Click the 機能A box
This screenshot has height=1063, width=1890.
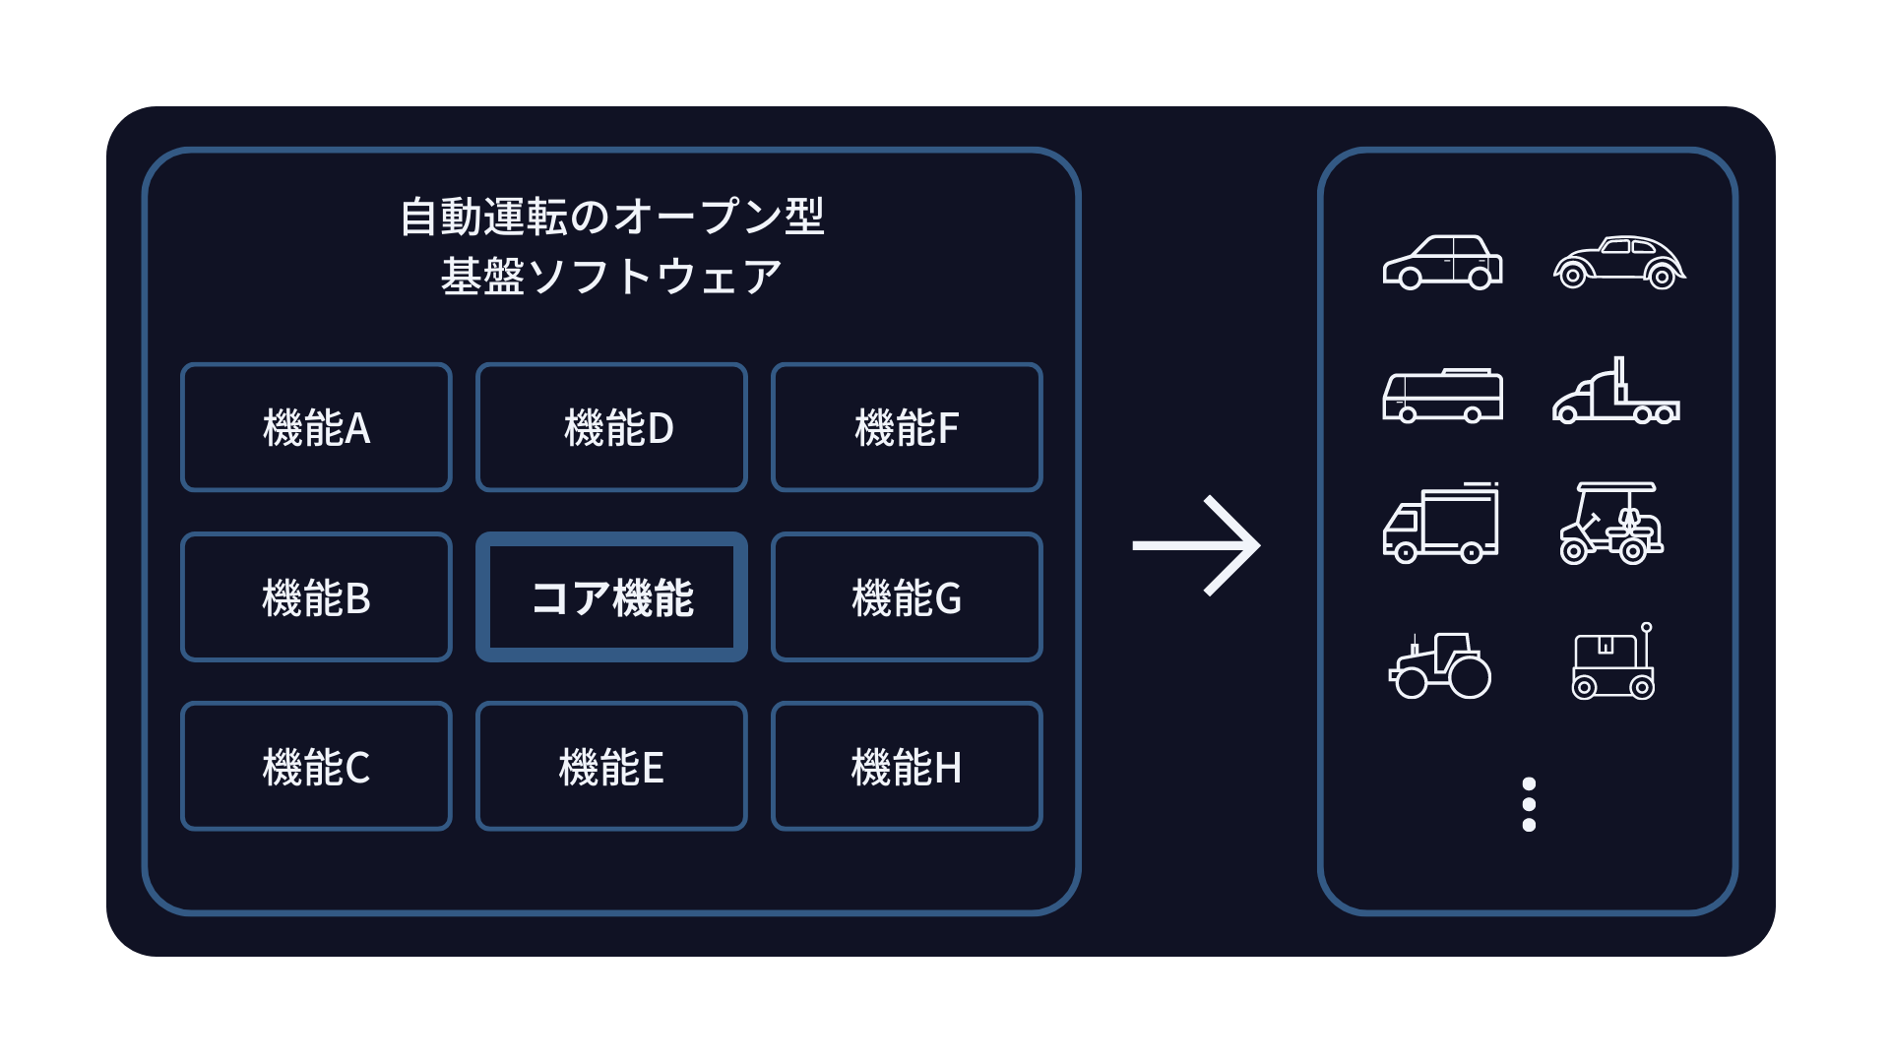[316, 427]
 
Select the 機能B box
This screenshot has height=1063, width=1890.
[316, 596]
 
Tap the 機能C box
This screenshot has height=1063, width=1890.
[316, 766]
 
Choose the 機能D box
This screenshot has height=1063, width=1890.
[611, 427]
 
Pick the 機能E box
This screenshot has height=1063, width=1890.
[611, 766]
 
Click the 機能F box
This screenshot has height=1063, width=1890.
[907, 427]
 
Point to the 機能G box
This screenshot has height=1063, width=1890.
[907, 596]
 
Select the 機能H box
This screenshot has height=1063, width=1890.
[907, 766]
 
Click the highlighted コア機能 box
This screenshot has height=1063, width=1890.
[611, 596]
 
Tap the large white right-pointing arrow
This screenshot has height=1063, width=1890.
[1196, 545]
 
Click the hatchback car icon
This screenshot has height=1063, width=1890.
[1442, 262]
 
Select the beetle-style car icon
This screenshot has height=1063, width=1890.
[1619, 262]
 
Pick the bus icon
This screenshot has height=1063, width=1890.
[1442, 395]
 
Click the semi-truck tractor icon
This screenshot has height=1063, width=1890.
[1616, 391]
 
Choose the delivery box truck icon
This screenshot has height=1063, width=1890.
[1441, 523]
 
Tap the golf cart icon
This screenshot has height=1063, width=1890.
[1611, 523]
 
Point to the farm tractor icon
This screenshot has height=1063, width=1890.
[1440, 665]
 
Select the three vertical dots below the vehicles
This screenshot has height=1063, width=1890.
[1529, 804]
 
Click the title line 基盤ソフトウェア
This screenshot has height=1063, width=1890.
[611, 277]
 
